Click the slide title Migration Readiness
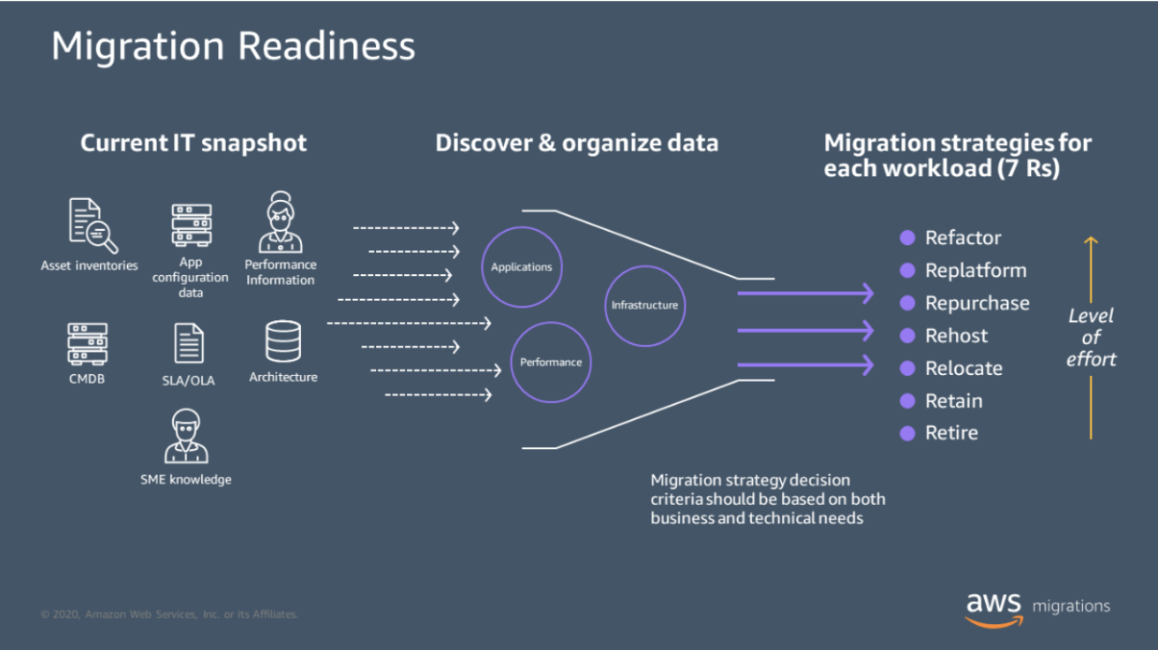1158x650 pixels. [233, 46]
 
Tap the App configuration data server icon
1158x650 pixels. [190, 225]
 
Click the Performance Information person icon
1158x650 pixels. [280, 222]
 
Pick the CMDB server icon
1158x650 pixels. [87, 343]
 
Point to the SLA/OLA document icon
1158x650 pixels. [189, 344]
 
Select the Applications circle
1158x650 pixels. [521, 266]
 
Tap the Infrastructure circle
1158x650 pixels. [644, 305]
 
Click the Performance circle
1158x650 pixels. [550, 362]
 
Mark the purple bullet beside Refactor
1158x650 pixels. [907, 237]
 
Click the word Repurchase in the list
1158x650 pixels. [976, 303]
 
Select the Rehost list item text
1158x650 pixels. [956, 336]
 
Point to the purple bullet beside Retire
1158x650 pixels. [907, 434]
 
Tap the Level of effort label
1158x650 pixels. [1091, 337]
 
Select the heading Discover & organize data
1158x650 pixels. [576, 143]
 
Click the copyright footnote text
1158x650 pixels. [169, 613]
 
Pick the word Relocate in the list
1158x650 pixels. [963, 368]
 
